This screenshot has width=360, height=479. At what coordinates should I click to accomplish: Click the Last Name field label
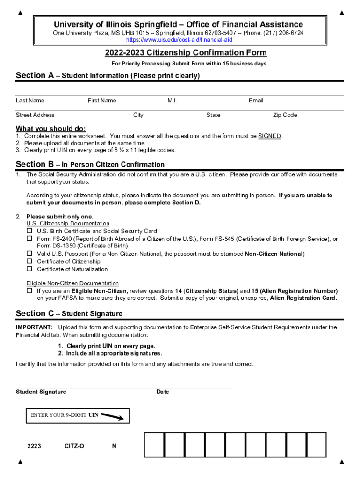[30, 101]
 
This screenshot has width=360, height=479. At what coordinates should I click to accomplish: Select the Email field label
[256, 101]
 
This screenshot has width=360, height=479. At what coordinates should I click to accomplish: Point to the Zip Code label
[285, 115]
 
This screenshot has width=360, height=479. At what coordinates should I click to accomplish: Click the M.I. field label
[172, 101]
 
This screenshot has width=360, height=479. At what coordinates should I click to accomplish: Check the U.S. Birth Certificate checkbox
[29, 231]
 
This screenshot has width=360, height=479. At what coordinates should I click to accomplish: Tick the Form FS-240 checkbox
[29, 239]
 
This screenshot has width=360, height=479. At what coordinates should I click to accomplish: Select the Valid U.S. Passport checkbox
[29, 254]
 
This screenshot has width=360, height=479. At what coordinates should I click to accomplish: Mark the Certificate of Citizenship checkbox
[29, 261]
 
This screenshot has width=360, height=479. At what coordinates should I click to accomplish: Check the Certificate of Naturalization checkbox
[29, 269]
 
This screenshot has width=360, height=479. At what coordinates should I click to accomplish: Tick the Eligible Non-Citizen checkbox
[29, 290]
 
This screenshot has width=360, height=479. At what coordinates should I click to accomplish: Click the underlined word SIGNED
[269, 136]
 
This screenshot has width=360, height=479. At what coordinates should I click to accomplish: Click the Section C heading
[69, 313]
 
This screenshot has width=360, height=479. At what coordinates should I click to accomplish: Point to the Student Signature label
[41, 392]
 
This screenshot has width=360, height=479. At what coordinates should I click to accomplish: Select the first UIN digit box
[154, 444]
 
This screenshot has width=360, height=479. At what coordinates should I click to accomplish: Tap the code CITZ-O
[74, 446]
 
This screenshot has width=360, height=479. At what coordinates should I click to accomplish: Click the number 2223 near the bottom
[34, 446]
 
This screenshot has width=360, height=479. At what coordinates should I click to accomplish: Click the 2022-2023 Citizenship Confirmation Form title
[186, 53]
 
